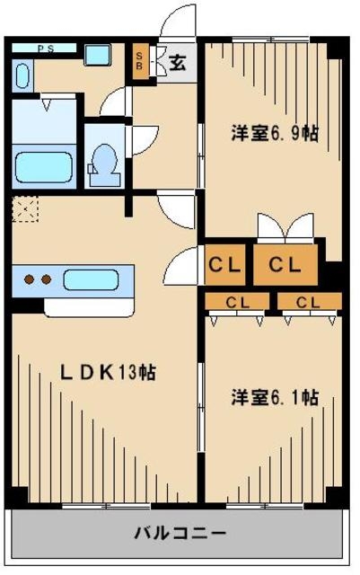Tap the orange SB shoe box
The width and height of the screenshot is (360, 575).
pyautogui.click(x=141, y=62)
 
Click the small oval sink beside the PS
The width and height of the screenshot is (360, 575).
pyautogui.click(x=22, y=75)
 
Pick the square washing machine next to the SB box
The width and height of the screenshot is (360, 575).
pyautogui.click(x=96, y=55)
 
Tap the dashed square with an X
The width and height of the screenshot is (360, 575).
pyautogui.click(x=25, y=212)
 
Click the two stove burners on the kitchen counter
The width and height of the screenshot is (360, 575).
pyautogui.click(x=36, y=279)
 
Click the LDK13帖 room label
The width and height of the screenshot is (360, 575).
pyautogui.click(x=108, y=372)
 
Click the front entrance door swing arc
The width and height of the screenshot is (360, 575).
pyautogui.click(x=176, y=20)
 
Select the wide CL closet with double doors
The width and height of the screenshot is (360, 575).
pyautogui.click(x=284, y=265)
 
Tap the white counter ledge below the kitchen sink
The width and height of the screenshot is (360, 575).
pyautogui.click(x=90, y=305)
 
